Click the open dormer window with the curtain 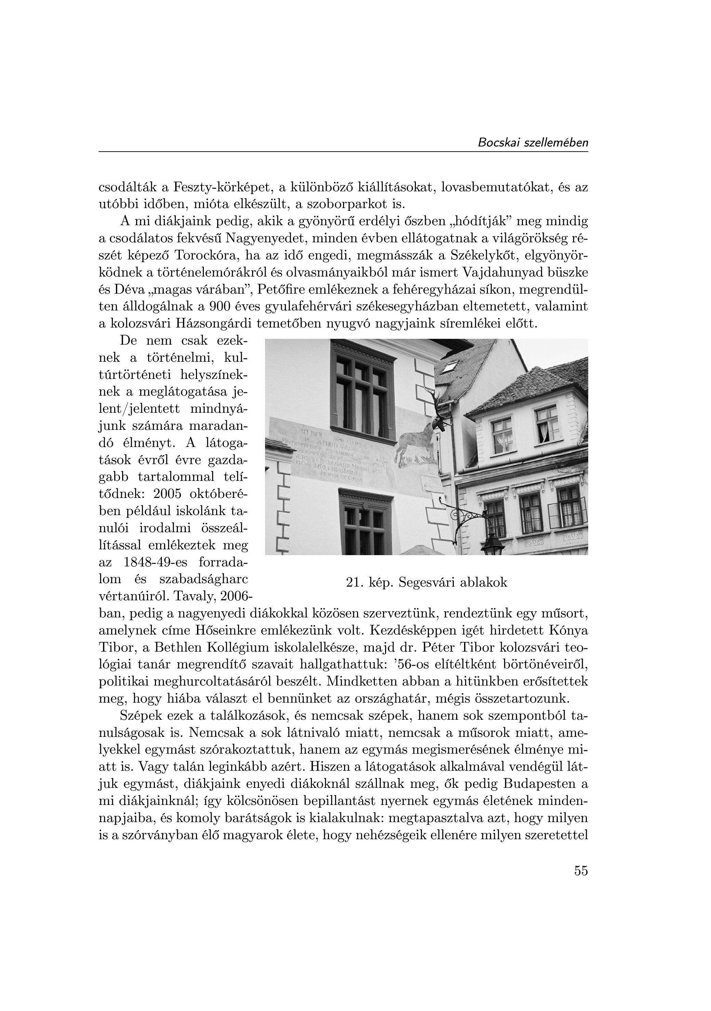coord(547,424)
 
